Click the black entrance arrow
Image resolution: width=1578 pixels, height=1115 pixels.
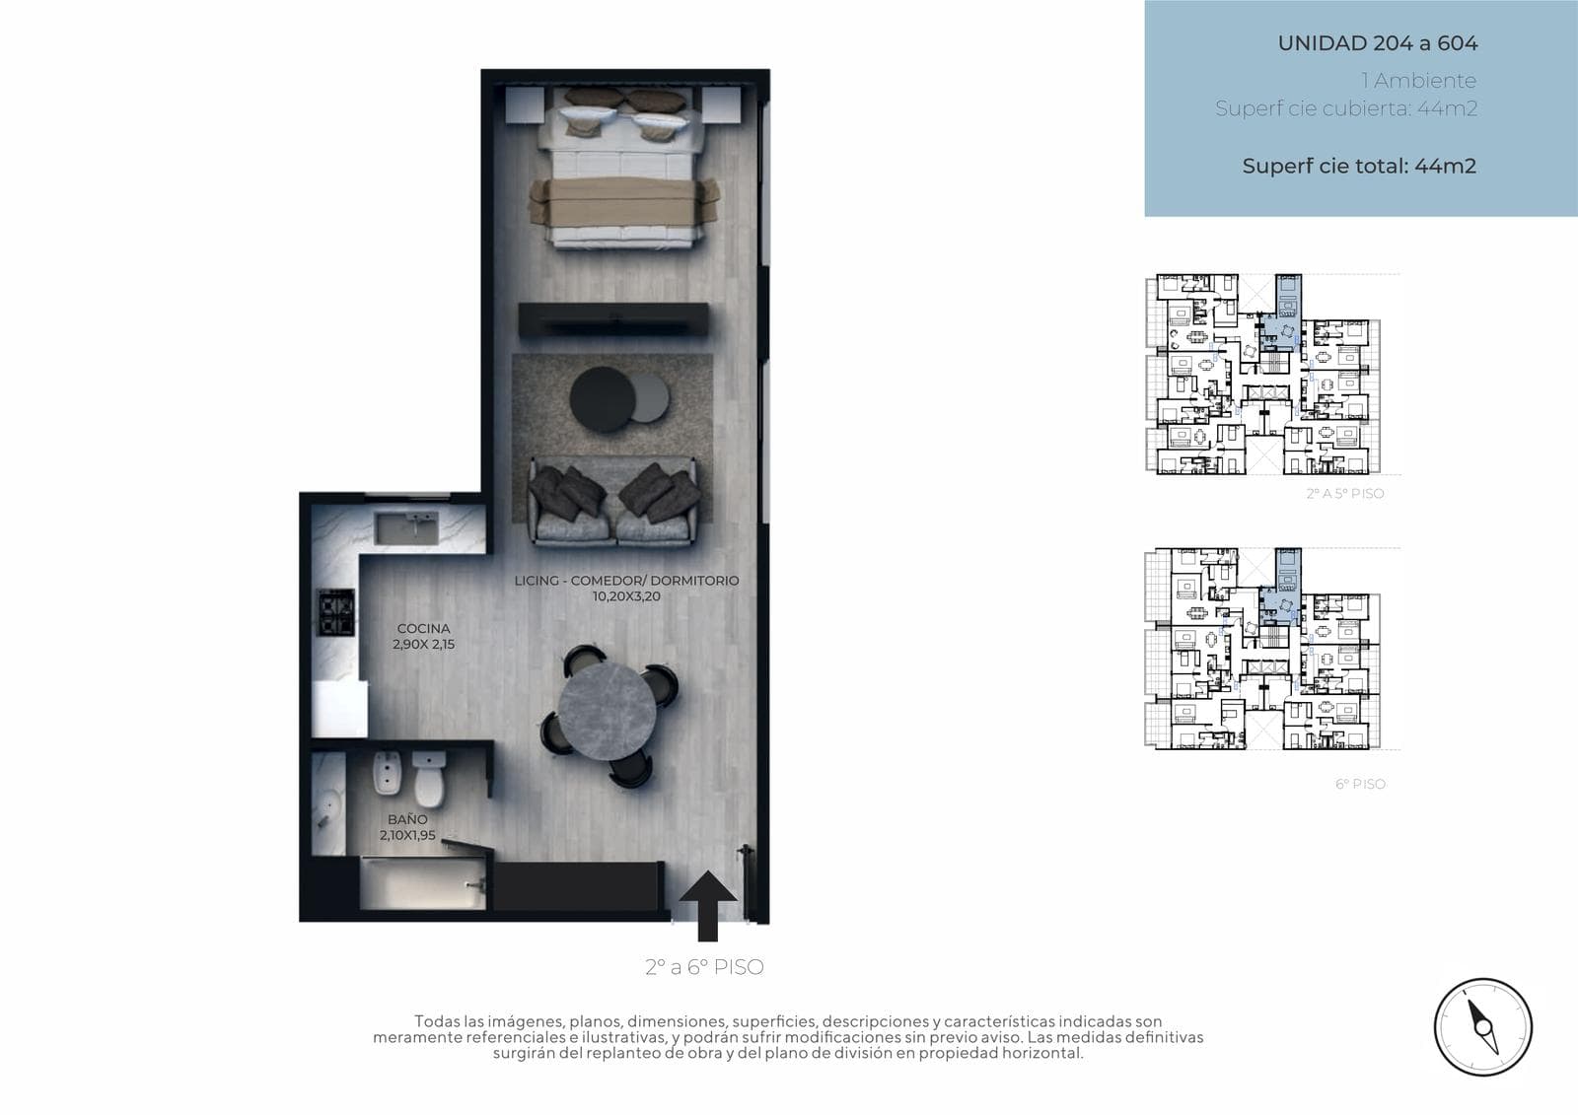tap(707, 907)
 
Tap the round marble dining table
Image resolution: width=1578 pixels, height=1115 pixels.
tap(607, 711)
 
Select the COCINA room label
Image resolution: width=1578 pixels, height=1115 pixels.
tap(423, 628)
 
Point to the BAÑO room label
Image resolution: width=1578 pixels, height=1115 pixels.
tap(407, 819)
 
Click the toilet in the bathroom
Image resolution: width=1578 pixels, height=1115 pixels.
tap(429, 779)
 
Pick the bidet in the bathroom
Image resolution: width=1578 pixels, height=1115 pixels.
tap(388, 773)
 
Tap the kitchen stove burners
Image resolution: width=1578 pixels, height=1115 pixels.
tap(336, 612)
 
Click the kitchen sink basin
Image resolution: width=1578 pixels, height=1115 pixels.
tap(406, 528)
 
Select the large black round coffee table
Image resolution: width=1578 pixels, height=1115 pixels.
tap(603, 399)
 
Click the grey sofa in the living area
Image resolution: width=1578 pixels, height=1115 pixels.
tap(613, 502)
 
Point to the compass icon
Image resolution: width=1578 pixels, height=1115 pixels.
tap(1483, 1027)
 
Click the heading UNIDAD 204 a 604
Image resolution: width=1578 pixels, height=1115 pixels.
tap(1377, 43)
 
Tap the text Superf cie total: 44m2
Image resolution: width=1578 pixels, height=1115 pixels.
tap(1359, 167)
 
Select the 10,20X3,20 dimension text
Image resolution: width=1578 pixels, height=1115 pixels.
tap(626, 596)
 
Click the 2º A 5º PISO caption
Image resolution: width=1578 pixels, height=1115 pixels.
tap(1345, 494)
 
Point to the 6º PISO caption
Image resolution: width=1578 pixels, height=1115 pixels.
tap(1360, 784)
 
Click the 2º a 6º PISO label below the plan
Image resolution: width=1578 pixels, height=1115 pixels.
tap(704, 967)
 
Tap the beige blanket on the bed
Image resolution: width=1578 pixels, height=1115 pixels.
tap(624, 202)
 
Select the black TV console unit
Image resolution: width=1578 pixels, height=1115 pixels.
tap(613, 320)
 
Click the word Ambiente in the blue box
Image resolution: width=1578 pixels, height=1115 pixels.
tap(1424, 81)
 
